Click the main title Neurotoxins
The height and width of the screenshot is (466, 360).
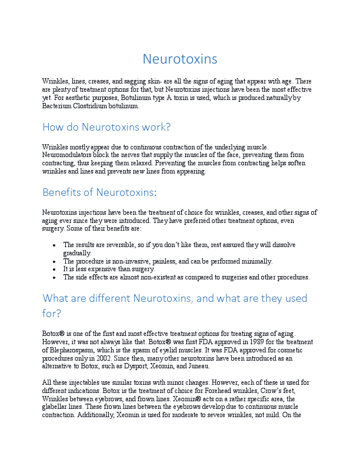[180, 59]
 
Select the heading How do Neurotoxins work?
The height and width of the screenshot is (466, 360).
[106, 127]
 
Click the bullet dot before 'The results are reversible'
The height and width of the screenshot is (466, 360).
[54, 245]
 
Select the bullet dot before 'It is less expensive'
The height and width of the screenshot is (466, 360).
[54, 269]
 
